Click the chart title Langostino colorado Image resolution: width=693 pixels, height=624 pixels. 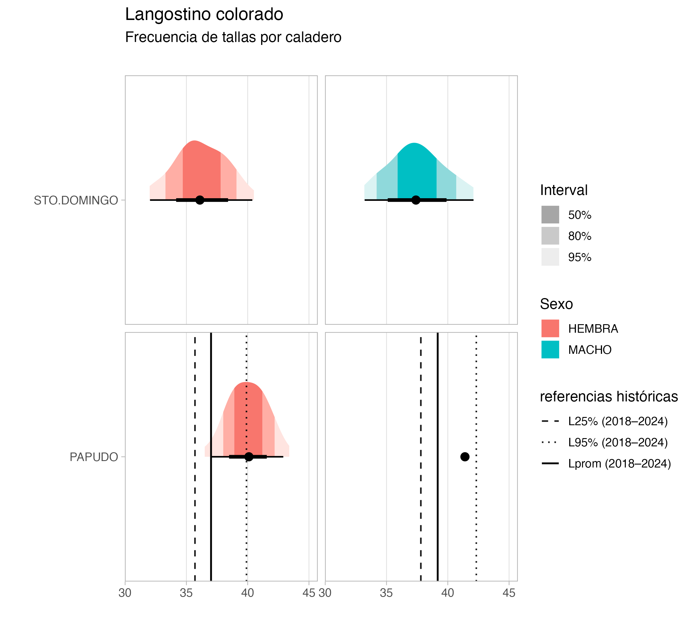(204, 15)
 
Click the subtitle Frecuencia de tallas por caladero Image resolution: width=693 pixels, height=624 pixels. (233, 37)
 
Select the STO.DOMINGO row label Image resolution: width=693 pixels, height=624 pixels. (76, 200)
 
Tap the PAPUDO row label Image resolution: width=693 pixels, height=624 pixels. (94, 457)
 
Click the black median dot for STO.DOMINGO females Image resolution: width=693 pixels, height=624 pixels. (200, 200)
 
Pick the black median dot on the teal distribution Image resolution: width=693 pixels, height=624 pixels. (415, 200)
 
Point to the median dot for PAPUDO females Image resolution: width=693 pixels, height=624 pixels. (249, 457)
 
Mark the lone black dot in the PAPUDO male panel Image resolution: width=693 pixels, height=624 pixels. (464, 457)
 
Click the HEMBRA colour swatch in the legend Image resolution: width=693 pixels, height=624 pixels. (550, 329)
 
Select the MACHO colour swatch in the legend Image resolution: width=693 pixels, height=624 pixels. (550, 349)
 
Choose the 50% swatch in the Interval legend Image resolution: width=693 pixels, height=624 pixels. (550, 215)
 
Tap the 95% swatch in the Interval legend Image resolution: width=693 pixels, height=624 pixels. (550, 257)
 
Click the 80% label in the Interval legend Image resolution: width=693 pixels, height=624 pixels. (580, 236)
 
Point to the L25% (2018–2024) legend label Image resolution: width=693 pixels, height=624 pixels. (618, 421)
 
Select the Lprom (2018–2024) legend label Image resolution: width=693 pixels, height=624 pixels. (619, 464)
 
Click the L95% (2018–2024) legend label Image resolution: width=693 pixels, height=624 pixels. (618, 442)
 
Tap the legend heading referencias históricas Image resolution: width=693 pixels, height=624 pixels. (609, 396)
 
